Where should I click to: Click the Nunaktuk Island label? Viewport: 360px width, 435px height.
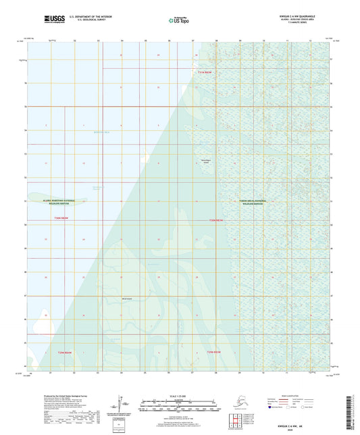(204, 159)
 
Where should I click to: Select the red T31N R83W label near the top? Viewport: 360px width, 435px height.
(205, 72)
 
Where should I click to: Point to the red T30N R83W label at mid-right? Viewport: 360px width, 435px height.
(215, 220)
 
